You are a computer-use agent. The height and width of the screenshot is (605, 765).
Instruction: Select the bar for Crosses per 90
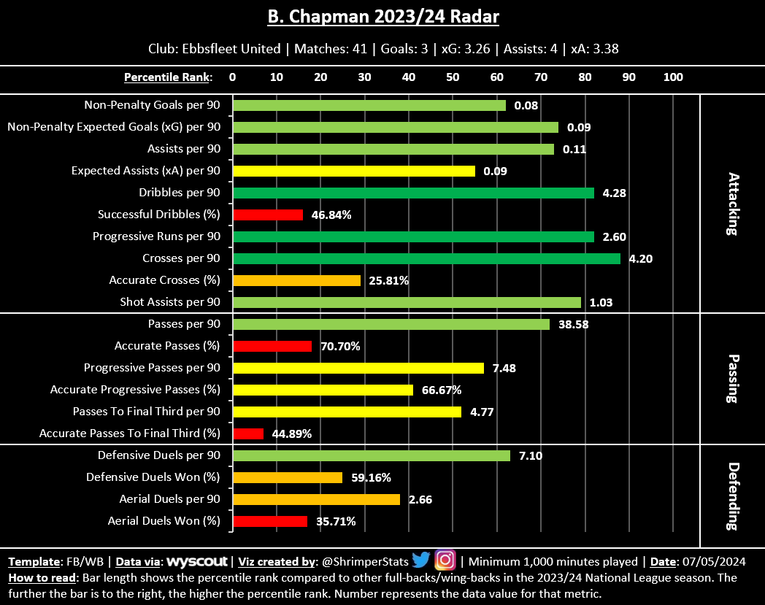coord(426,258)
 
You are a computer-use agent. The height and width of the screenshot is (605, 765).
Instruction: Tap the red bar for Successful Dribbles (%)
coord(268,215)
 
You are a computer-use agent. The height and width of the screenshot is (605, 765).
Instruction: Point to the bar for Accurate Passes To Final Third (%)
coord(248,433)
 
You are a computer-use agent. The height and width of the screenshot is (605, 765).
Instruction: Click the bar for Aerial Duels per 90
coord(316,499)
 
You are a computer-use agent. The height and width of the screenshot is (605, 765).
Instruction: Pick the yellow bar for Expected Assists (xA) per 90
coord(354,171)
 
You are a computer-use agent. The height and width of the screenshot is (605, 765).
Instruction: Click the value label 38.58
coord(574,325)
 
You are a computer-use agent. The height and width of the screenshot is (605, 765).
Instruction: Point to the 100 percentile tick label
coord(673,77)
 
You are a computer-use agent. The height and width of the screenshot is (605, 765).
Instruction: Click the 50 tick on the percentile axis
coord(453,77)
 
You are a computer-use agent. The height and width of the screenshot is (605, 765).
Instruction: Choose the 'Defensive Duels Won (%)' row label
coord(153,477)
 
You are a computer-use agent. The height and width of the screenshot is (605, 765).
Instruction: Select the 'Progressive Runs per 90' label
coord(156,236)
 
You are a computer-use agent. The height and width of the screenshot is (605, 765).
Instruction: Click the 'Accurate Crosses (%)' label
coord(164,280)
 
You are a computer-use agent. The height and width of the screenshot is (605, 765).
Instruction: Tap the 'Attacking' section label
coord(733,204)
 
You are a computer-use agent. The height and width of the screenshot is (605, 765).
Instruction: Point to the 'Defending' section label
coord(733,496)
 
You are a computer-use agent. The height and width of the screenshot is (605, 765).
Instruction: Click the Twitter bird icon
coord(420,560)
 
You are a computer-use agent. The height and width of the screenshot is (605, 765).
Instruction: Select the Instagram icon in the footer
coord(445,560)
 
